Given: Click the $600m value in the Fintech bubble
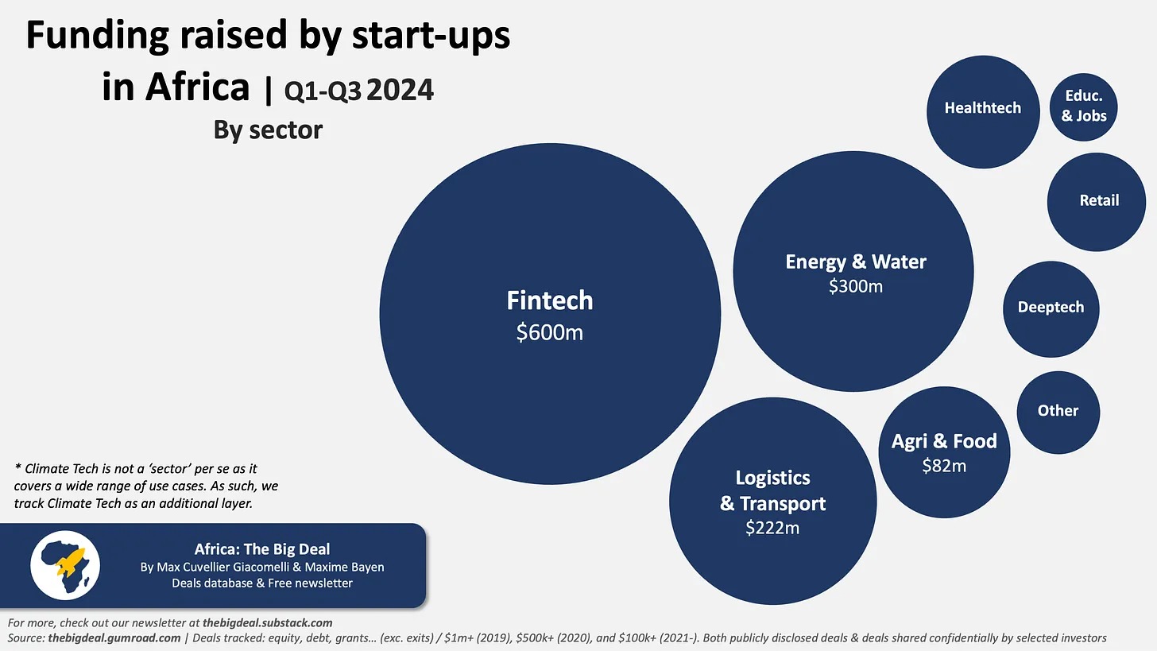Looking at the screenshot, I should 549,332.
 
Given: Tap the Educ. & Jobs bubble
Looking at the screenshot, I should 1084,106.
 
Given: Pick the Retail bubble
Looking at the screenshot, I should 1098,201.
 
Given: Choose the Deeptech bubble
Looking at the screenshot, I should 1051,308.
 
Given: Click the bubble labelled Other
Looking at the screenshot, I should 1058,411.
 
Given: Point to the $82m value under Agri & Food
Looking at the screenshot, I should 944,467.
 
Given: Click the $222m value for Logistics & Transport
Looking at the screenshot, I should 772,528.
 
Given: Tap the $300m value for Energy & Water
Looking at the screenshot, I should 855,286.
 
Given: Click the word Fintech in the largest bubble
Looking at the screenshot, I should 550,300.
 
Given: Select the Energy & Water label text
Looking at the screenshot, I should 855,262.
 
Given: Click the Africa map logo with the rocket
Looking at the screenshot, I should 65,565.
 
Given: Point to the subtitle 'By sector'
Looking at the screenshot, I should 268,130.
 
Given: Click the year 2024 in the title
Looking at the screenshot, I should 400,91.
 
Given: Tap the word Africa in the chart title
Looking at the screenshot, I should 176,87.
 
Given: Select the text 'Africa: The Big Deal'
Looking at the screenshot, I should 261,549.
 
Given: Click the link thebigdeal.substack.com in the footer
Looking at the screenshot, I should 267,623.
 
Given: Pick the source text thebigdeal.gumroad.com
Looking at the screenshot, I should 114,638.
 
